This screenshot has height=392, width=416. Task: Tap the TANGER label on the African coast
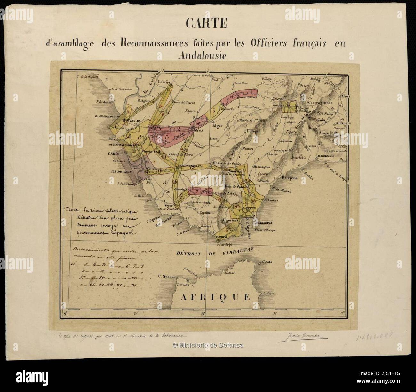tap(184, 284)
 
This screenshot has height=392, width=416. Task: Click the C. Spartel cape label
tap(168, 276)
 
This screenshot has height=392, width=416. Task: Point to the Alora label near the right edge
tap(346, 96)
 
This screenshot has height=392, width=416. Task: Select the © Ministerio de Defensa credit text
tap(208, 345)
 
